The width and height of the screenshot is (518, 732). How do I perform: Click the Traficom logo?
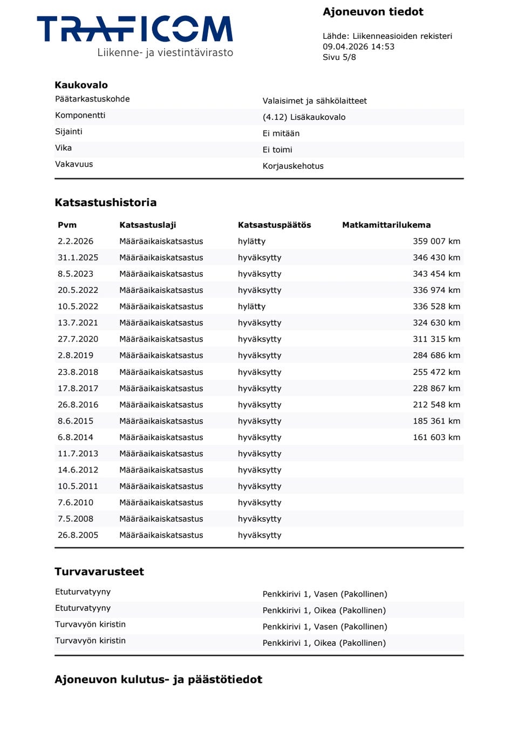pos(135,36)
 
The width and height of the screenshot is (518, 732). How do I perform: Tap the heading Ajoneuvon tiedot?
pos(373,12)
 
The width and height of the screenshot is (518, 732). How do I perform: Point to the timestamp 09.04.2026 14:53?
pos(358,47)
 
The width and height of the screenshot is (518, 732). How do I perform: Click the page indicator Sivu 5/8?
pos(339,57)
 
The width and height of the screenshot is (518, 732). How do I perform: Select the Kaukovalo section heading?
pos(81,85)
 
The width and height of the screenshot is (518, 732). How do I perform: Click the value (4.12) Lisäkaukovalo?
pos(304,117)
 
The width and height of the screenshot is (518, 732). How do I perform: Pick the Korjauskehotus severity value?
pos(293,166)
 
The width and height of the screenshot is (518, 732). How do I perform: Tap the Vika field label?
pos(63,148)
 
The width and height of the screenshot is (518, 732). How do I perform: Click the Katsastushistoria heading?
pos(105,203)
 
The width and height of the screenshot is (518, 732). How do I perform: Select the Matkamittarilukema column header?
pos(386,225)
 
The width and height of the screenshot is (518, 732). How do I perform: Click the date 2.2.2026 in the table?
pos(76,241)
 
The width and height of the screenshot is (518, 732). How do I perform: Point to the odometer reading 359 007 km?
pos(436,241)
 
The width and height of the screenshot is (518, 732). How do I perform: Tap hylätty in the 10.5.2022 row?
pos(251,306)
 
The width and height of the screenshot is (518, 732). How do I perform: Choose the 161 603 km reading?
pos(436,437)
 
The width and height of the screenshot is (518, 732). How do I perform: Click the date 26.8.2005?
pos(78,535)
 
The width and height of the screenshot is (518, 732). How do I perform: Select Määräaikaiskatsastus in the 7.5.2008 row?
pos(161,519)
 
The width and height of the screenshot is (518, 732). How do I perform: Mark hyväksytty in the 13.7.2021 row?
pos(260,323)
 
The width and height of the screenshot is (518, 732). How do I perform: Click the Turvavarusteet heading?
pos(99,572)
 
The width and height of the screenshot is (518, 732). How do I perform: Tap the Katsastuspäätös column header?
pos(274,225)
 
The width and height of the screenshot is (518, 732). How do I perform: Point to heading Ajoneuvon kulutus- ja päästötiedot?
pos(158,680)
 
